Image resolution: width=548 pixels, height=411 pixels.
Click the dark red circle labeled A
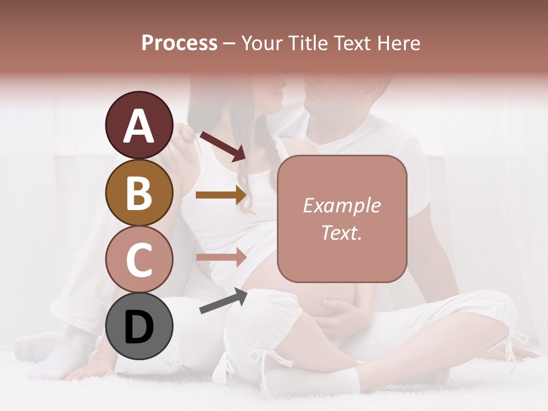coord(139,125)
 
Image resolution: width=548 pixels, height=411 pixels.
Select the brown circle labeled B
coord(139,192)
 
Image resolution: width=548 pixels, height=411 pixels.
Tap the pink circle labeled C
coord(139,260)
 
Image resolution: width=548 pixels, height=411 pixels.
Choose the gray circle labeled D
coord(139,327)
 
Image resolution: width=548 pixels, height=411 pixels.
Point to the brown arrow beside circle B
coord(221,195)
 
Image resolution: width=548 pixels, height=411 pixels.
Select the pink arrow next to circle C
coord(221,257)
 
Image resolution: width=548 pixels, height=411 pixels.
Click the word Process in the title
coord(179,43)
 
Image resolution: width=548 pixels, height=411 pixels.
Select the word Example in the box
coord(341,205)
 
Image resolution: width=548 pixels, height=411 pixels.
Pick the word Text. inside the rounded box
coord(341,232)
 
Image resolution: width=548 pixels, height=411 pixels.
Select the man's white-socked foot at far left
coord(37,348)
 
